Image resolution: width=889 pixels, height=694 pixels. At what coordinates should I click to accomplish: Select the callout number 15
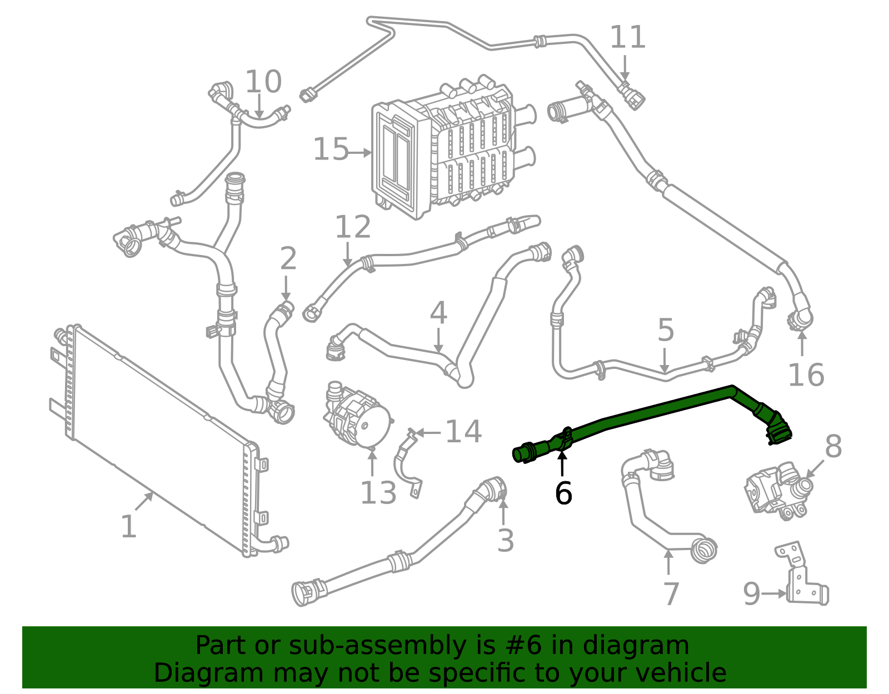tap(331, 150)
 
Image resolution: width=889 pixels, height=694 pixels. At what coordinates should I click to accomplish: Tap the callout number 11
tap(628, 38)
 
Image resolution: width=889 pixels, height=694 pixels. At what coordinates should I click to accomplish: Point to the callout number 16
tap(806, 375)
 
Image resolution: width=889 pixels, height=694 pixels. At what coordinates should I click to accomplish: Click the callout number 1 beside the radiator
tap(128, 526)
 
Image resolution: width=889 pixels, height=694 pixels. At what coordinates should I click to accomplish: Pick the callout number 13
tap(378, 492)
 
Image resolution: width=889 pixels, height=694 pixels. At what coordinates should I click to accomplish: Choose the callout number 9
tap(752, 594)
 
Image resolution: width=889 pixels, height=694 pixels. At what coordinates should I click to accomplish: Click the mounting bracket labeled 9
tap(800, 578)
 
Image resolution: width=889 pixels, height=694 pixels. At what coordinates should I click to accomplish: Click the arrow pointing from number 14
tap(428, 432)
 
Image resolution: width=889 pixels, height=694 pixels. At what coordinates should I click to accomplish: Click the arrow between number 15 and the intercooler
tap(360, 152)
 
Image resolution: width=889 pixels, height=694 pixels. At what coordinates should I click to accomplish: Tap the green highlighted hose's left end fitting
tap(525, 452)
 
